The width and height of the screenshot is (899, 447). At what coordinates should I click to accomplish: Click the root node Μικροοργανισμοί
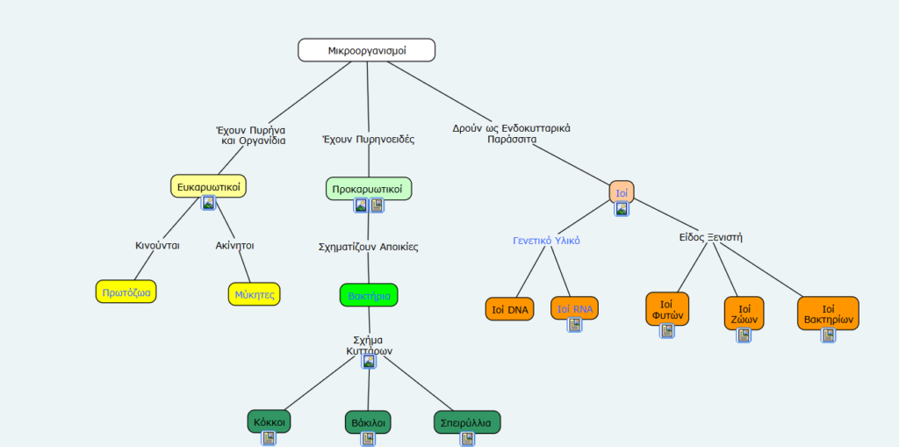[367, 51]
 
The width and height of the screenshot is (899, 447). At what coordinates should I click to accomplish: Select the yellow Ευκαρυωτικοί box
[208, 186]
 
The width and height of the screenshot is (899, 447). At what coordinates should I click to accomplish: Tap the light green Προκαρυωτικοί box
[368, 188]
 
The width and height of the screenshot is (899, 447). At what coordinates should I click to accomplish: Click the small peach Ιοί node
[622, 191]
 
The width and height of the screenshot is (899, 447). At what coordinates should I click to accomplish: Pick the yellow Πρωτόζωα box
[126, 292]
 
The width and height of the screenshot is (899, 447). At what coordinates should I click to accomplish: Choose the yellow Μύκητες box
[255, 294]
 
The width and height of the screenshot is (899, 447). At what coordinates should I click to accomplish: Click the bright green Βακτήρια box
[369, 295]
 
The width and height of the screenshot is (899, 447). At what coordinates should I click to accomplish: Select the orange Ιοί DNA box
[510, 309]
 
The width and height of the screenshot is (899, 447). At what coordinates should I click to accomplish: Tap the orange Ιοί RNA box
[575, 308]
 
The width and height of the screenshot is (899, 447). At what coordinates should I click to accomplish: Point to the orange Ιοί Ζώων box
[744, 313]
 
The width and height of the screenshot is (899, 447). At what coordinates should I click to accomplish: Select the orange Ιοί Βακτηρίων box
[828, 314]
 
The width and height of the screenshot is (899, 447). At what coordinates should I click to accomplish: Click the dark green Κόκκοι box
[269, 422]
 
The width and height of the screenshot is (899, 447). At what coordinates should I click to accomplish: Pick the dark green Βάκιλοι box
[368, 422]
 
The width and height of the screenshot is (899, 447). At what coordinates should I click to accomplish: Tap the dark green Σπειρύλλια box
[467, 422]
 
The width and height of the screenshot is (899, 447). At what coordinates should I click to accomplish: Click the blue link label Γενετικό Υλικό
[546, 240]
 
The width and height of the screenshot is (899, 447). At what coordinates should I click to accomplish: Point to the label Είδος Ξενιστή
[710, 237]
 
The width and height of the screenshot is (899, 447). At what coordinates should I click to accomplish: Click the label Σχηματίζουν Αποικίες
[368, 247]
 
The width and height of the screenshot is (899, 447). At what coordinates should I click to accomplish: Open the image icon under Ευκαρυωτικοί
[208, 203]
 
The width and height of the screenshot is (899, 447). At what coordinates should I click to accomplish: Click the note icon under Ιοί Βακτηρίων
[828, 335]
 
